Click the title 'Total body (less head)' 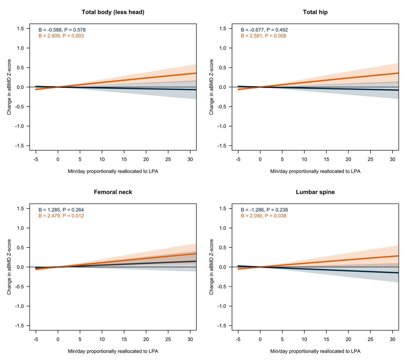click(x=113, y=12)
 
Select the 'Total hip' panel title click(x=315, y=12)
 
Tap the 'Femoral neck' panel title click(x=113, y=192)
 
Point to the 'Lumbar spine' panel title click(x=315, y=192)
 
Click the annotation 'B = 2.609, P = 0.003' click(x=61, y=36)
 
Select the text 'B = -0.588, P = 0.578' click(x=62, y=30)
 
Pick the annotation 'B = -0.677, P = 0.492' click(x=264, y=30)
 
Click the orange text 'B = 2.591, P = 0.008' click(x=263, y=36)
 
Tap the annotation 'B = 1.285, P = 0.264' click(x=61, y=210)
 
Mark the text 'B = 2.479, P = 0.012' click(x=61, y=216)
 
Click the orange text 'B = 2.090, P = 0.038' click(x=263, y=216)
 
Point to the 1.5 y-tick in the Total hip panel click(x=223, y=29)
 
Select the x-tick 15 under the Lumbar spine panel click(x=326, y=340)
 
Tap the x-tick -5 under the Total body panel click(x=35, y=159)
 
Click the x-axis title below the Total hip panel click(x=315, y=171)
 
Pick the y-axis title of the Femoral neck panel click(x=9, y=267)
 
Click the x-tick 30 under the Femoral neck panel click(x=190, y=340)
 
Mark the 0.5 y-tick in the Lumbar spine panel click(x=223, y=248)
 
